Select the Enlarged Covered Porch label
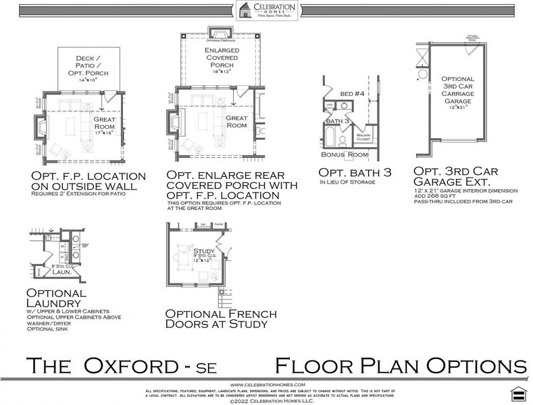(x=222, y=59)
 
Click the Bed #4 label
(x=355, y=94)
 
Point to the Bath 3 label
(x=338, y=121)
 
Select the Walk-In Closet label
(x=363, y=138)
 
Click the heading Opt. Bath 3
(x=355, y=173)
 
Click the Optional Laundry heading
(x=57, y=299)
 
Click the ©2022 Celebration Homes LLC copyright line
(x=265, y=401)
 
